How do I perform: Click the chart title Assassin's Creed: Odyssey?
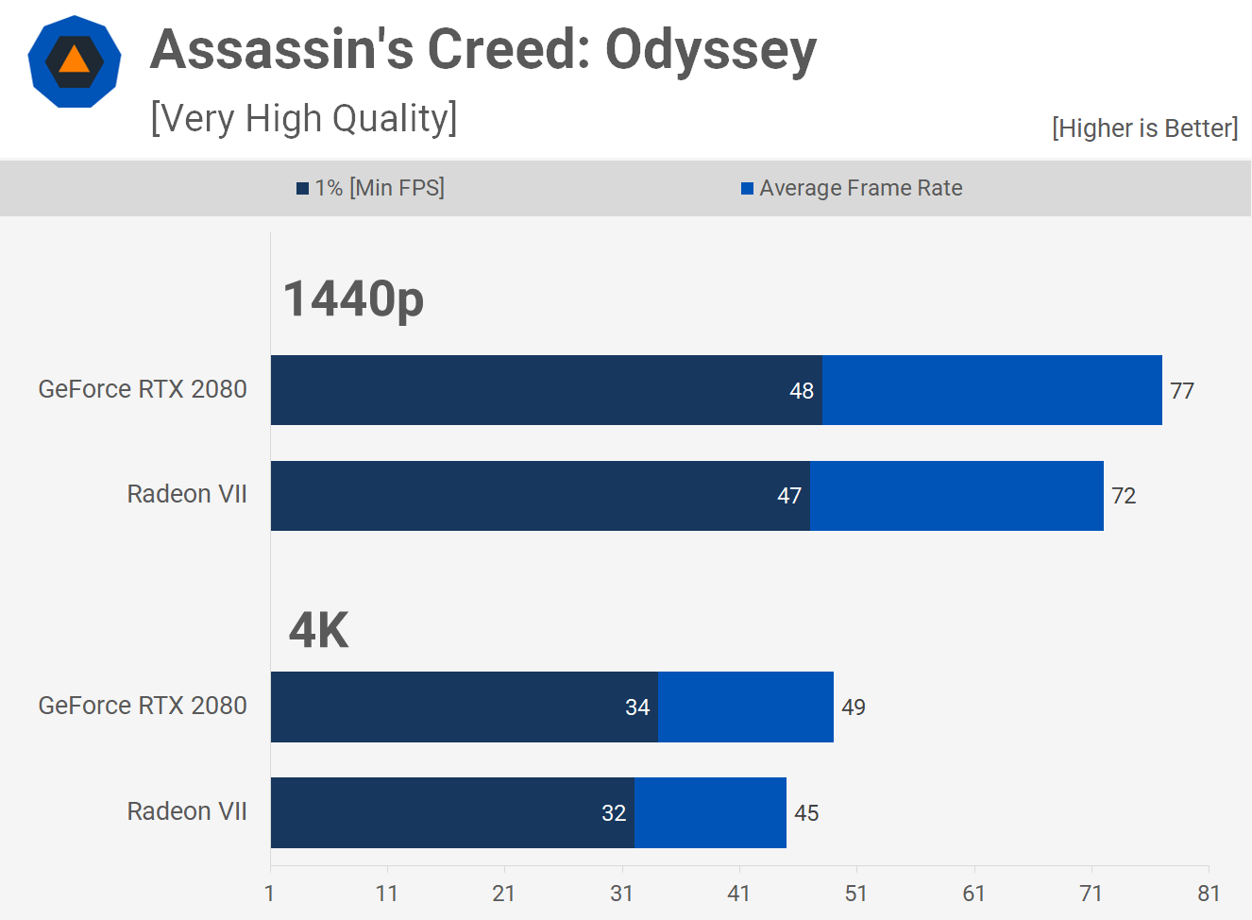pos(482,51)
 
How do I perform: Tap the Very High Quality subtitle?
pos(303,119)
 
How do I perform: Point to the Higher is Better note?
pos(1144,128)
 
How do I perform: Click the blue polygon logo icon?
pos(75,61)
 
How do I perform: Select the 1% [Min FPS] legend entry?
pos(370,188)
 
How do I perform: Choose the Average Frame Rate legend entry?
pos(852,188)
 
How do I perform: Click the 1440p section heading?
pos(353,299)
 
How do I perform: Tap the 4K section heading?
pos(319,630)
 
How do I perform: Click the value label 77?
pos(1182,391)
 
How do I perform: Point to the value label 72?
pos(1124,496)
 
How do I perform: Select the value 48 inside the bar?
pos(802,391)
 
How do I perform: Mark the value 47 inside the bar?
pos(789,496)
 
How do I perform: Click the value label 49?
pos(854,707)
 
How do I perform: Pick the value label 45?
pos(806,813)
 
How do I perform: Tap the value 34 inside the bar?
pos(637,707)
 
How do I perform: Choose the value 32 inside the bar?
pos(614,813)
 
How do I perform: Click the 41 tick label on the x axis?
pos(738,894)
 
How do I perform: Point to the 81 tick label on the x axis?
pos(1209,894)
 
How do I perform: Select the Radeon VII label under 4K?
pos(187,811)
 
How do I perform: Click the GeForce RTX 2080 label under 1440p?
pos(143,389)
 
